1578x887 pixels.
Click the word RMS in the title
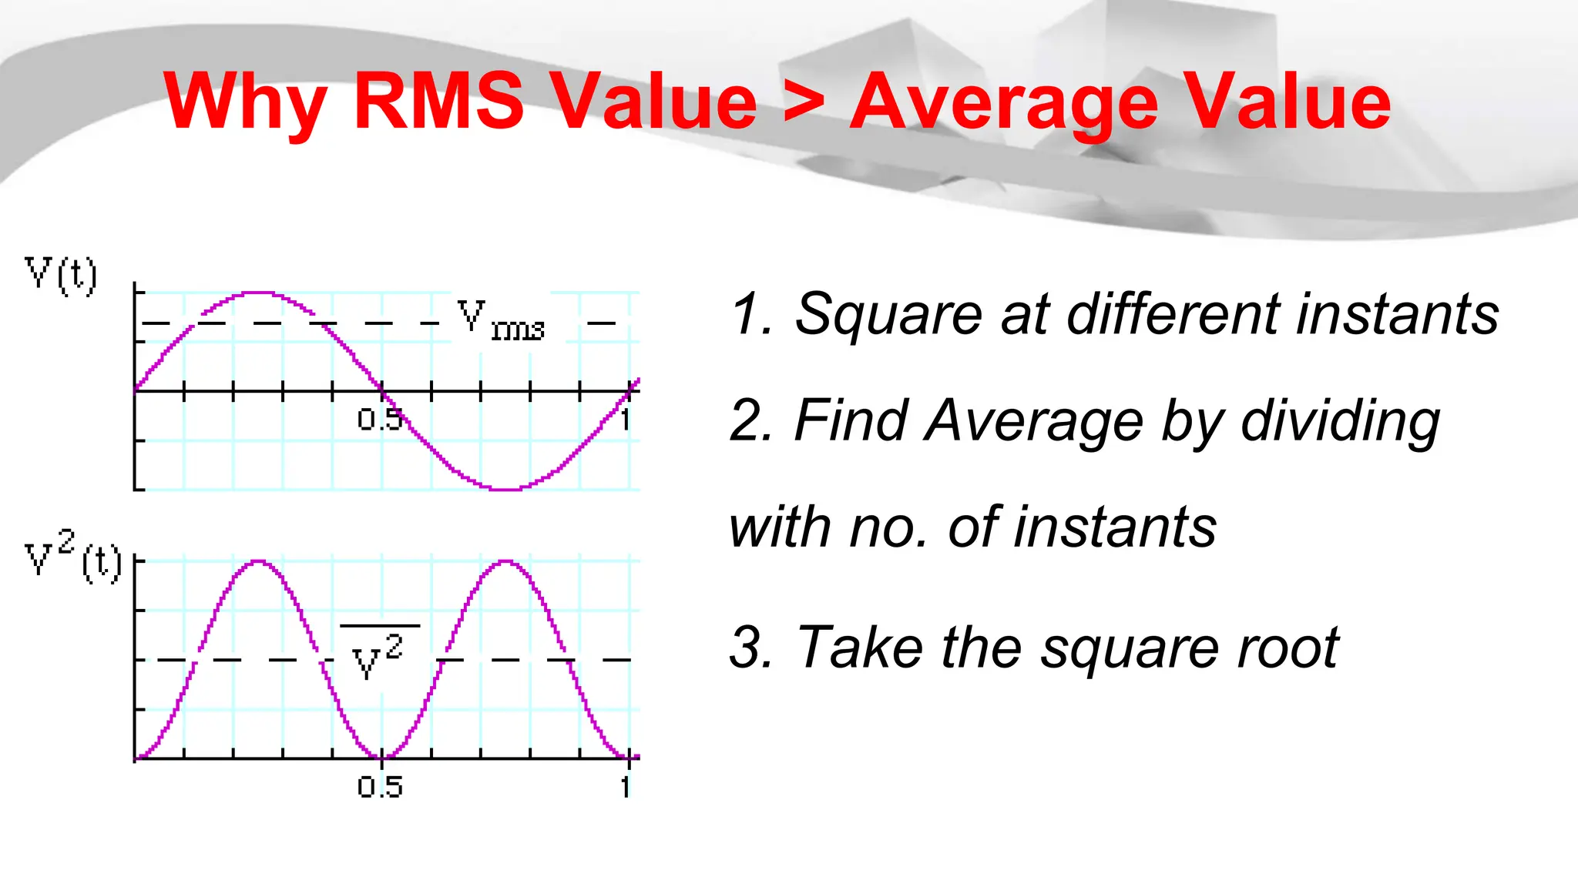pyautogui.click(x=439, y=101)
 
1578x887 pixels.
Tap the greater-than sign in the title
pyautogui.click(x=804, y=101)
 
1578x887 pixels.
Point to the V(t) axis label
pyautogui.click(x=61, y=275)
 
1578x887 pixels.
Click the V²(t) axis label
pyautogui.click(x=72, y=556)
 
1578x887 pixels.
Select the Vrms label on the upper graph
pyautogui.click(x=501, y=321)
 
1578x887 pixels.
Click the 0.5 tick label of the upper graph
pyautogui.click(x=380, y=420)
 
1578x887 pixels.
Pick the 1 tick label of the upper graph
pyautogui.click(x=626, y=420)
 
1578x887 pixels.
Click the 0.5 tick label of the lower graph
pyautogui.click(x=380, y=787)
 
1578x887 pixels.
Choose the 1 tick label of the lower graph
pyautogui.click(x=626, y=787)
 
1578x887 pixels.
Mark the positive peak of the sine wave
pyautogui.click(x=259, y=293)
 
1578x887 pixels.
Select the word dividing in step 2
pyautogui.click(x=1340, y=422)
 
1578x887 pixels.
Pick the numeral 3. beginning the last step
pyautogui.click(x=750, y=648)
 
